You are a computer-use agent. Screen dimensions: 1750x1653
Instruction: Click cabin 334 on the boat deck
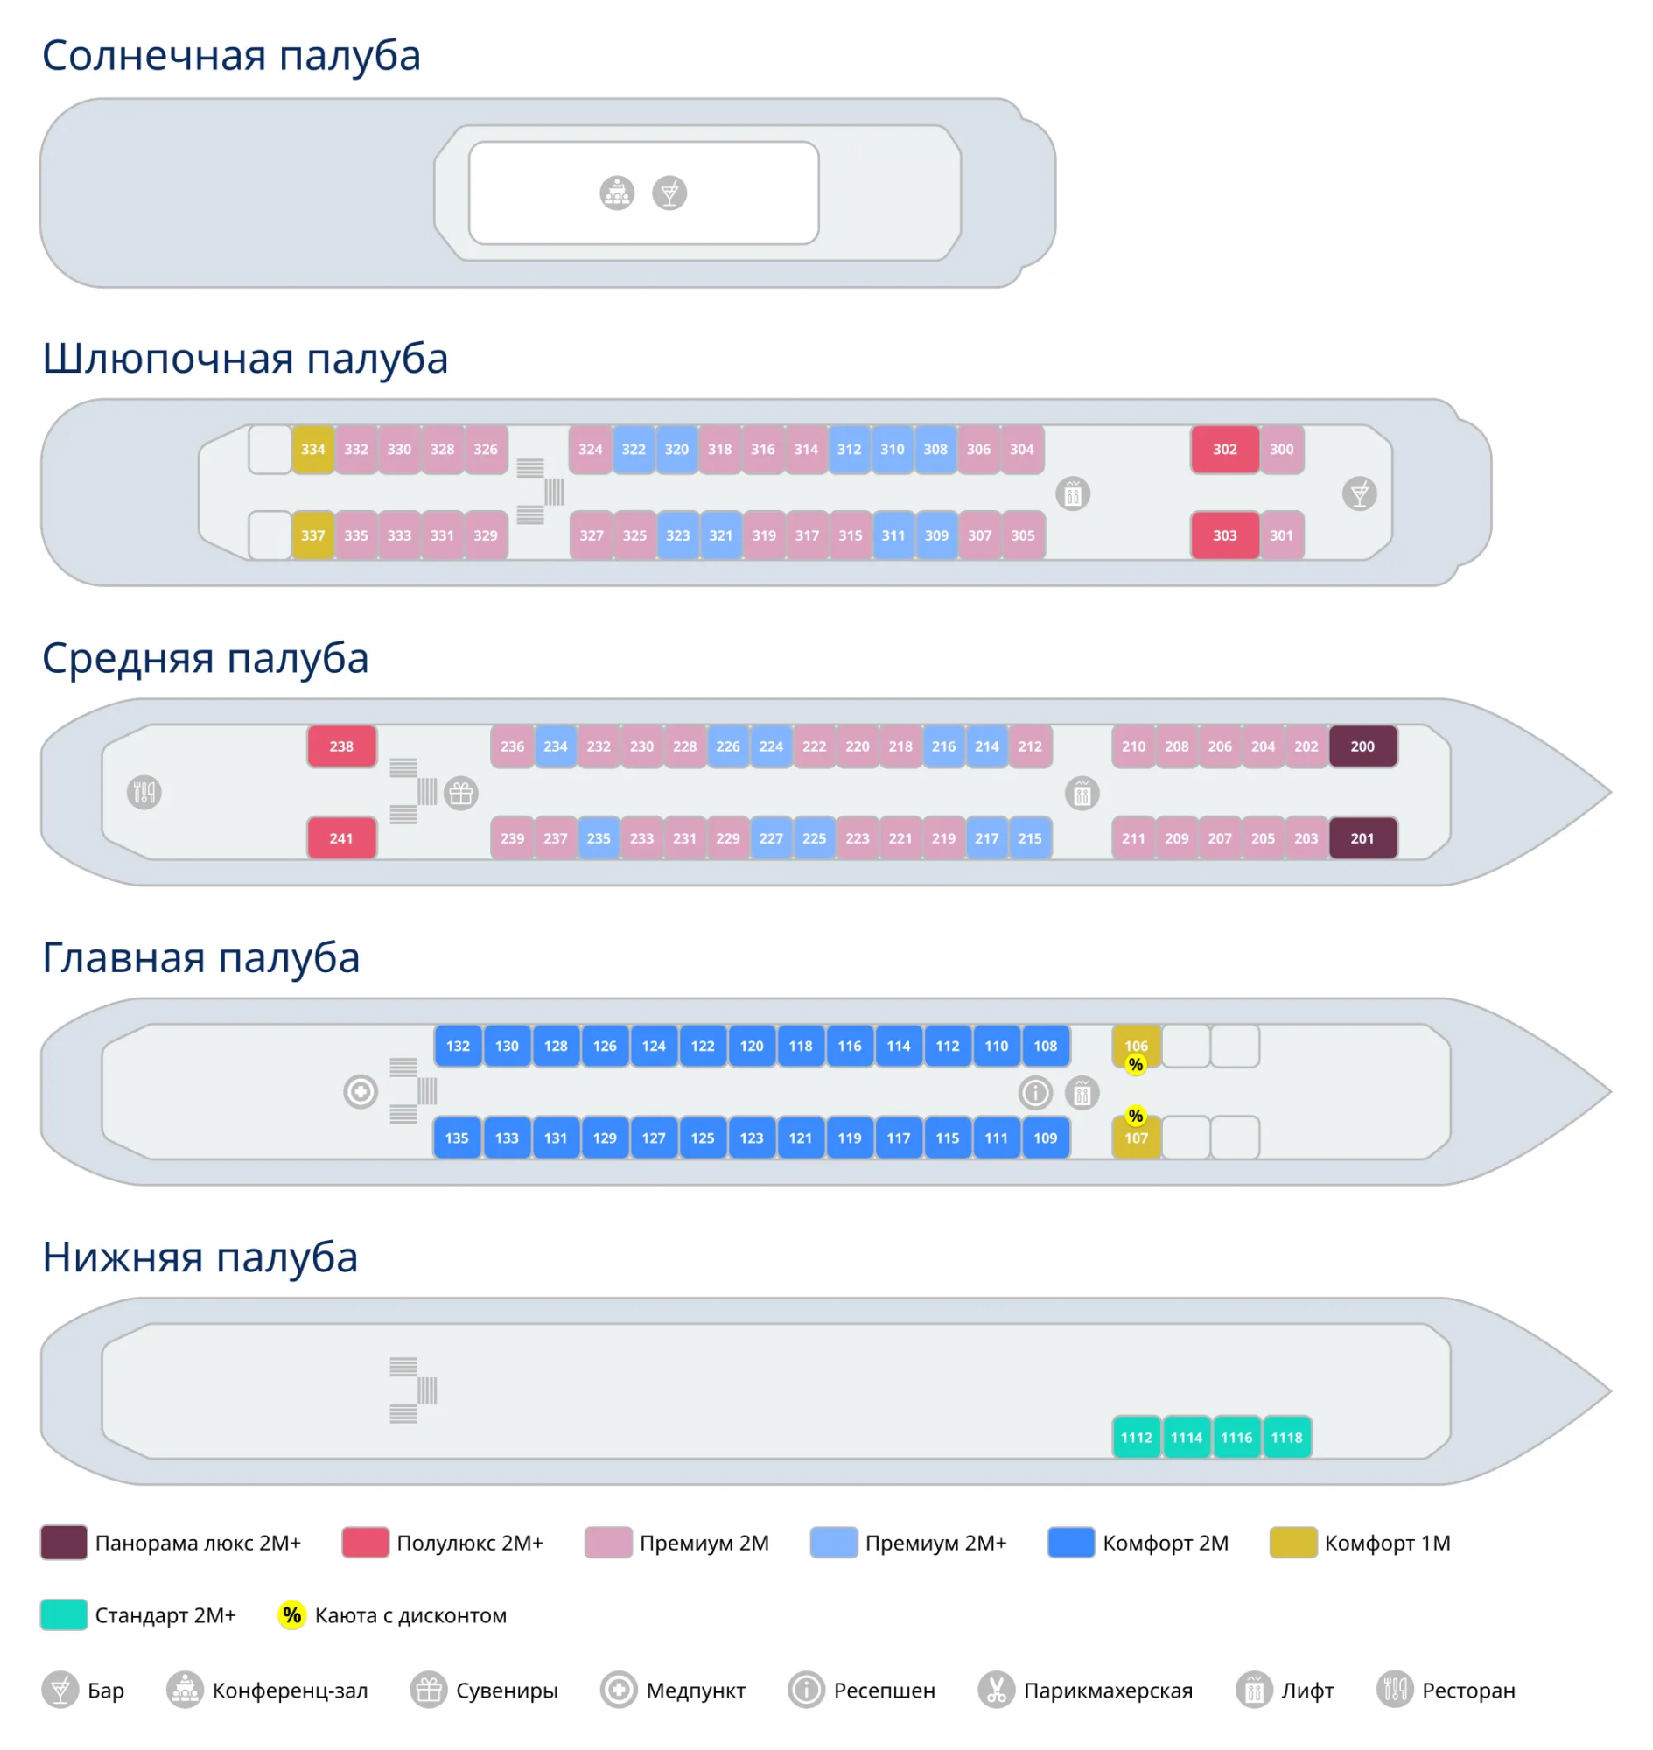tap(312, 450)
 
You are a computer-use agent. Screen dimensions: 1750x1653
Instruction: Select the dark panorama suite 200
tap(1362, 746)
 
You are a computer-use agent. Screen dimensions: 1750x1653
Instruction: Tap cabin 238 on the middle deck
tap(342, 746)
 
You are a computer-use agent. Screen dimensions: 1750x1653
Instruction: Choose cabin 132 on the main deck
tap(459, 1046)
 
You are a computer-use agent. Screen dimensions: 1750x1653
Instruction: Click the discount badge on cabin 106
tap(1136, 1065)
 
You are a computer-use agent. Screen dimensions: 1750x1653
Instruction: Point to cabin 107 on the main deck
tap(1136, 1138)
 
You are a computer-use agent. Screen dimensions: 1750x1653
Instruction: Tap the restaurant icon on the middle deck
tap(144, 792)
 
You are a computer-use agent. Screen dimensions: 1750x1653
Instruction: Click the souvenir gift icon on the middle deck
tap(461, 793)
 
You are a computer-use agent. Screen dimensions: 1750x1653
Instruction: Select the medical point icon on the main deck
tap(361, 1092)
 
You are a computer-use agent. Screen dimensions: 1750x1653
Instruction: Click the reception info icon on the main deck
tap(1035, 1093)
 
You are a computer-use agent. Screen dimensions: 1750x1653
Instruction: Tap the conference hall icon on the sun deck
tap(617, 192)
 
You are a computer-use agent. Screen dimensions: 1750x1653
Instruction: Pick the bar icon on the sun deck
tap(669, 192)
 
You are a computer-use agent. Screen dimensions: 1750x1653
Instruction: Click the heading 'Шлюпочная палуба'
tap(245, 359)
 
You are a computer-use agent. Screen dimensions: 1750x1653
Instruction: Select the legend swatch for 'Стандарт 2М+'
tap(63, 1614)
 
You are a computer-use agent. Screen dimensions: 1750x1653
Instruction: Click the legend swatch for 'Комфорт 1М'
tap(1292, 1542)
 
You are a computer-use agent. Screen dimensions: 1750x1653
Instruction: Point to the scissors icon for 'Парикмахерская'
tap(996, 1690)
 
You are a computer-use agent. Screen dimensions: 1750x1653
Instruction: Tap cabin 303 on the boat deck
tap(1225, 535)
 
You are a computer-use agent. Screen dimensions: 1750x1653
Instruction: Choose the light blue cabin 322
tap(634, 450)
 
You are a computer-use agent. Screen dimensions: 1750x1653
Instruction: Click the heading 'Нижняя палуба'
tap(200, 1256)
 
